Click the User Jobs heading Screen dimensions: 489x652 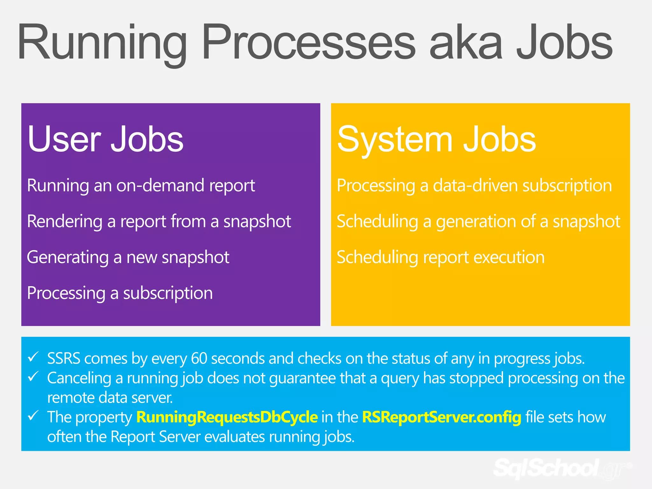tap(105, 139)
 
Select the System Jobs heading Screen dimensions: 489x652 tap(436, 139)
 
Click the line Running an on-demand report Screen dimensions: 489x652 tap(141, 186)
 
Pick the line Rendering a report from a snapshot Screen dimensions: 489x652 tap(159, 222)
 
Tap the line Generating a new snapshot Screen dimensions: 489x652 tap(128, 257)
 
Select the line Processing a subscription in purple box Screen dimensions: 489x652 tap(120, 293)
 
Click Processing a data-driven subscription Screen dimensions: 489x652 tap(474, 186)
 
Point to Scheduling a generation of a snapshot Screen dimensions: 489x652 tap(478, 222)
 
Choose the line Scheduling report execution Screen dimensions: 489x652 tap(441, 257)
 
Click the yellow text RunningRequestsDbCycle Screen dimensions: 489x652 tap(227, 417)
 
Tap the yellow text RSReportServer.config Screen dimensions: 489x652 tap(442, 417)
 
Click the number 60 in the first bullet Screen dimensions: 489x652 tap(199, 358)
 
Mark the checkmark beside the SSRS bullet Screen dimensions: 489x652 tap(33, 357)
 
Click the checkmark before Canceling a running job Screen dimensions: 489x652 tap(33, 377)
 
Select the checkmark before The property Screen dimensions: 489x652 tap(33, 415)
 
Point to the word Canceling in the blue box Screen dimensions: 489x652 tap(79, 378)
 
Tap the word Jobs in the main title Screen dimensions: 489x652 tap(564, 43)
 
